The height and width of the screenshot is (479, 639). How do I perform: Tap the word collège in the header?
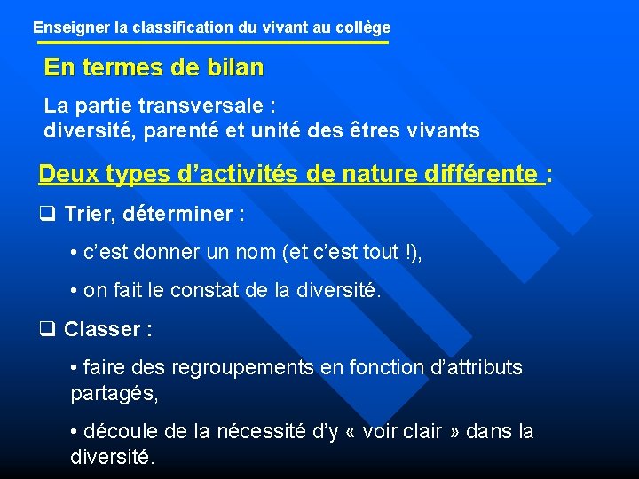(364, 27)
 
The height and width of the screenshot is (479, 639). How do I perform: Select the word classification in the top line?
(185, 27)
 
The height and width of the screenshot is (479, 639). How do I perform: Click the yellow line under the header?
(211, 43)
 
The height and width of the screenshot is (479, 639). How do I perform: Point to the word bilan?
(234, 67)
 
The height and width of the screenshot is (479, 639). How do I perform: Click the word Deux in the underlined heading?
(67, 174)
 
